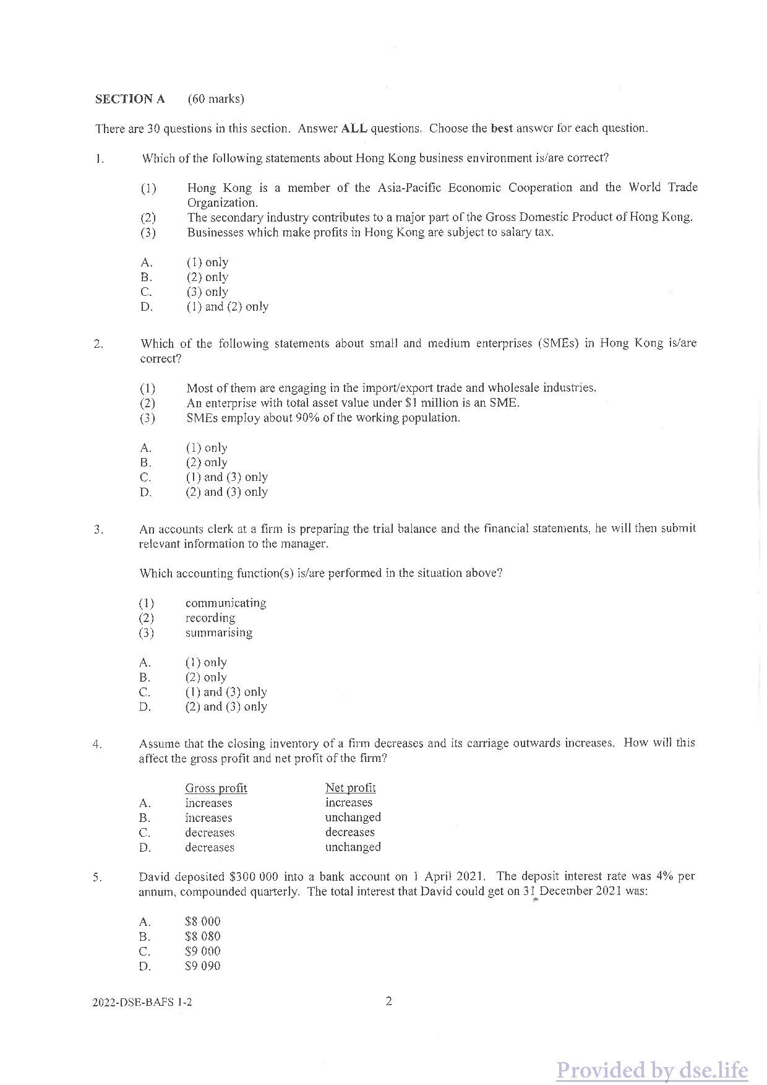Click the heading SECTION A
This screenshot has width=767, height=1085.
click(130, 99)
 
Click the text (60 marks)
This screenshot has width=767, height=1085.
click(216, 99)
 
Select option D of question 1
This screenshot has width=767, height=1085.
click(227, 307)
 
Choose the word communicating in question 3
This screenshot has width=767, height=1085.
click(226, 603)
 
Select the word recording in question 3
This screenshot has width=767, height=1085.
click(210, 618)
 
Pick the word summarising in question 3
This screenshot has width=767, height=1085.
click(219, 633)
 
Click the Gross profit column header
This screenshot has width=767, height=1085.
click(216, 789)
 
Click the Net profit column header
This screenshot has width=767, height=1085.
click(350, 788)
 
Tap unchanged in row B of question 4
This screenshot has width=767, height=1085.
click(353, 818)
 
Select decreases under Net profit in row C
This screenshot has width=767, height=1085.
click(349, 832)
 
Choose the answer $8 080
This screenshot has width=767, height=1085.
click(202, 937)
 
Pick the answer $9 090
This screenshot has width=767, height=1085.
click(202, 967)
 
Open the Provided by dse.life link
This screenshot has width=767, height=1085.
click(652, 1070)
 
